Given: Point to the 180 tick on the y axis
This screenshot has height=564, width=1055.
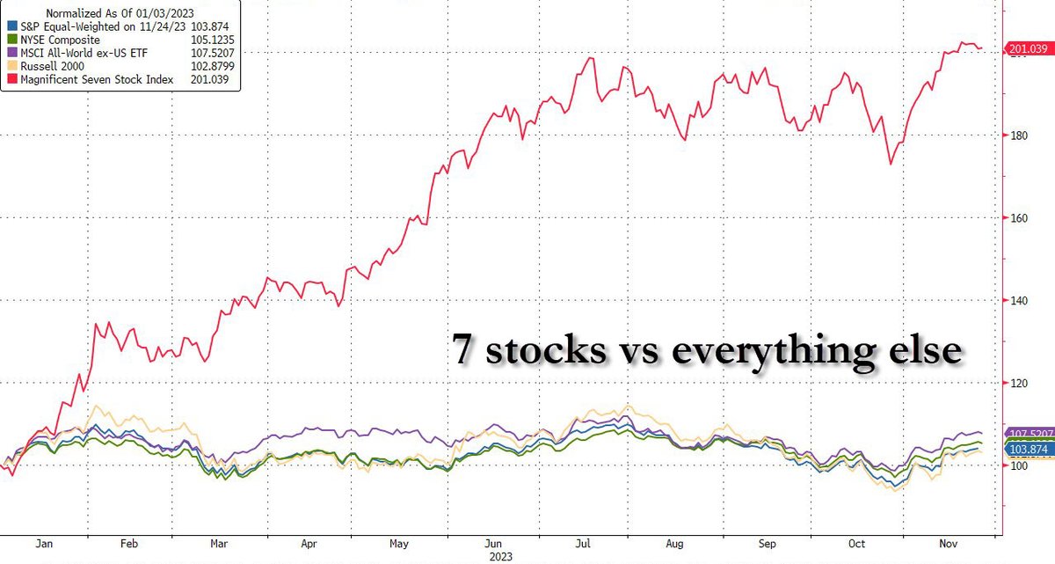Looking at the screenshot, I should (x=1017, y=136).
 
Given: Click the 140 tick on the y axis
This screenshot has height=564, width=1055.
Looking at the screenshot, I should (x=1017, y=300).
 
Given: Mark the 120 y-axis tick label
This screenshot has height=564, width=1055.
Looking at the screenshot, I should (x=1017, y=383).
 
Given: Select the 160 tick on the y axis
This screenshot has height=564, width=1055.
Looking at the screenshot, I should (x=1017, y=218).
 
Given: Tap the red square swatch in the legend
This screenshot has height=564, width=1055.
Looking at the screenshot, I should (x=10, y=80).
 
